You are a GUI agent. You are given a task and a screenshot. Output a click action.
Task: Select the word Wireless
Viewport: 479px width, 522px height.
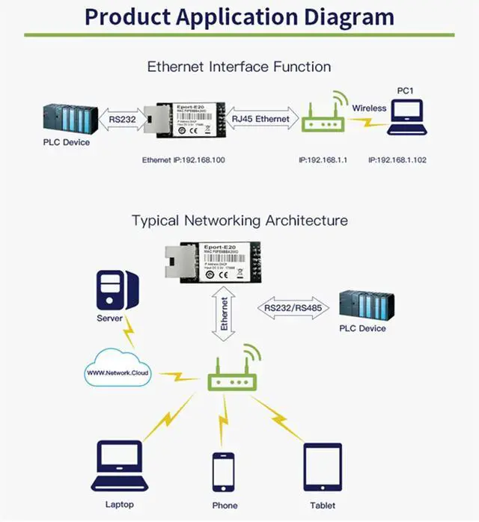point(369,108)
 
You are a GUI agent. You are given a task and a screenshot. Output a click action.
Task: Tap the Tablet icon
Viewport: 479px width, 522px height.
point(323,467)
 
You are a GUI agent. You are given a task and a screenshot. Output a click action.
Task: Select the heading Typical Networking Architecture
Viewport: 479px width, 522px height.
point(239,221)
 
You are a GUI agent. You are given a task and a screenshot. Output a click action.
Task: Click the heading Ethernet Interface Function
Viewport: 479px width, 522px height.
point(239,67)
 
